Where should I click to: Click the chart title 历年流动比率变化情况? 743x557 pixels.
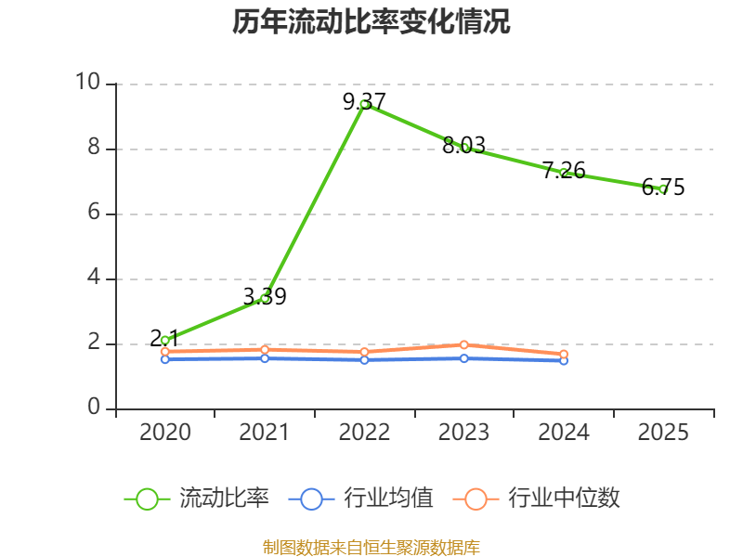tap(371, 21)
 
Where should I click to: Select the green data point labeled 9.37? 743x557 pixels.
tap(364, 104)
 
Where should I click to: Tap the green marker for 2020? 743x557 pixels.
tap(165, 341)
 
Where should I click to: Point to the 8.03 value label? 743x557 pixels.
tap(463, 146)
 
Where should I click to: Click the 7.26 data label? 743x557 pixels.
tap(564, 171)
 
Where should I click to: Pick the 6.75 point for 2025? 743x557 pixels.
tap(663, 189)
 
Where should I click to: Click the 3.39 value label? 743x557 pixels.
tap(265, 296)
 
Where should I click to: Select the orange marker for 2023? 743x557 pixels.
tap(463, 344)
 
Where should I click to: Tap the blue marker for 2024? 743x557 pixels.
tap(564, 361)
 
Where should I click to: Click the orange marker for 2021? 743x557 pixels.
tap(265, 350)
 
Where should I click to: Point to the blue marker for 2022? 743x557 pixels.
tap(364, 360)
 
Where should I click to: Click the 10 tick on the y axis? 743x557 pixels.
tap(88, 82)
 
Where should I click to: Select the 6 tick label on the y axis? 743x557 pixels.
tap(94, 212)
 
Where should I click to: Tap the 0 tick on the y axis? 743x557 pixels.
tap(94, 407)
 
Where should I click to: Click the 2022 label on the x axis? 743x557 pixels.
tap(364, 432)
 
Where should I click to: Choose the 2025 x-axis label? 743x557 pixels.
tap(663, 432)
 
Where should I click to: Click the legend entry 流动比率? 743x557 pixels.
tap(196, 499)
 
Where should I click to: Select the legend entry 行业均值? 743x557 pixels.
tap(360, 499)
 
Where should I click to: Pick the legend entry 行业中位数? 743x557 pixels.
tap(537, 499)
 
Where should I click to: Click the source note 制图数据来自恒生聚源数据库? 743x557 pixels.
tap(371, 548)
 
